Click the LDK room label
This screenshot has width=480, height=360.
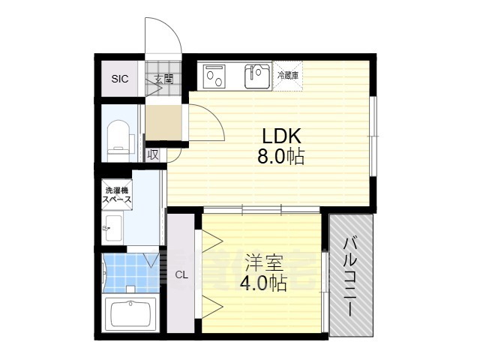point(282,136)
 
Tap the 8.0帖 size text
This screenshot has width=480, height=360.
point(282,158)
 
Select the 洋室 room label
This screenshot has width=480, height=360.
point(262,264)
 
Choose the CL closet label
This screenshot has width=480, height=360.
point(181,274)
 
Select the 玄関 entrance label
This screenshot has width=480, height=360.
point(163,78)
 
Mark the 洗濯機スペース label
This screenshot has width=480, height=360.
point(118,195)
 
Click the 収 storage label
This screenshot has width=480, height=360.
point(152,154)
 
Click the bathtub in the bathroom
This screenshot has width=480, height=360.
point(131,313)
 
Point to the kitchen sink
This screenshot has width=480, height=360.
point(257,76)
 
